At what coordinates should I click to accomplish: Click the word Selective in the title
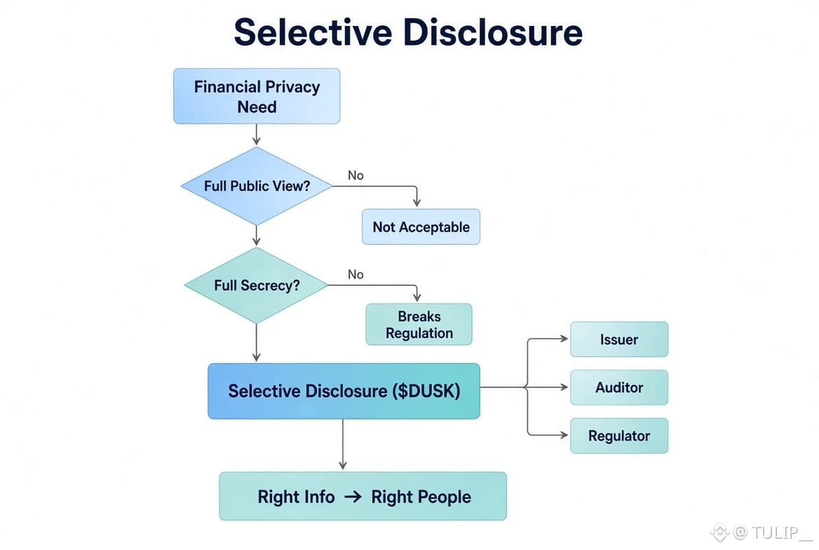(x=312, y=32)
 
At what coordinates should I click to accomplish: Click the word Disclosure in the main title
(x=492, y=32)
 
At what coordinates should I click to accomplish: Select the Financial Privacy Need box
(x=257, y=96)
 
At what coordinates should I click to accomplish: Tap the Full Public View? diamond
(x=257, y=186)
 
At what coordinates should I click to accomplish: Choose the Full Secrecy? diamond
(x=257, y=286)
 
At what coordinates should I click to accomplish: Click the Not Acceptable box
(x=421, y=227)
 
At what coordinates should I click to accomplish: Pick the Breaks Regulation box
(x=419, y=324)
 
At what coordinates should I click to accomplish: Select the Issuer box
(x=619, y=340)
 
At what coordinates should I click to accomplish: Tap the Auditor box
(x=619, y=387)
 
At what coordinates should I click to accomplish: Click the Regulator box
(x=619, y=436)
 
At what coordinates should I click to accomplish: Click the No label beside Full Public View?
(x=356, y=175)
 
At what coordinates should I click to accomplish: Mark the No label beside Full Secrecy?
(x=356, y=274)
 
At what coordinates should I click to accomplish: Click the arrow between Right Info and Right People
(x=353, y=497)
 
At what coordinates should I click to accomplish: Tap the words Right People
(x=421, y=497)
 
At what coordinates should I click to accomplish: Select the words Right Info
(x=296, y=497)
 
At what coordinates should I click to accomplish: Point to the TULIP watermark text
(x=775, y=532)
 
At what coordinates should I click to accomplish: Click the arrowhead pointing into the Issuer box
(x=564, y=339)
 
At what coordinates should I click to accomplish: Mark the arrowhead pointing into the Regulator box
(x=564, y=435)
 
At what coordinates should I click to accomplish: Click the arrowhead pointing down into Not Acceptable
(x=417, y=203)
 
